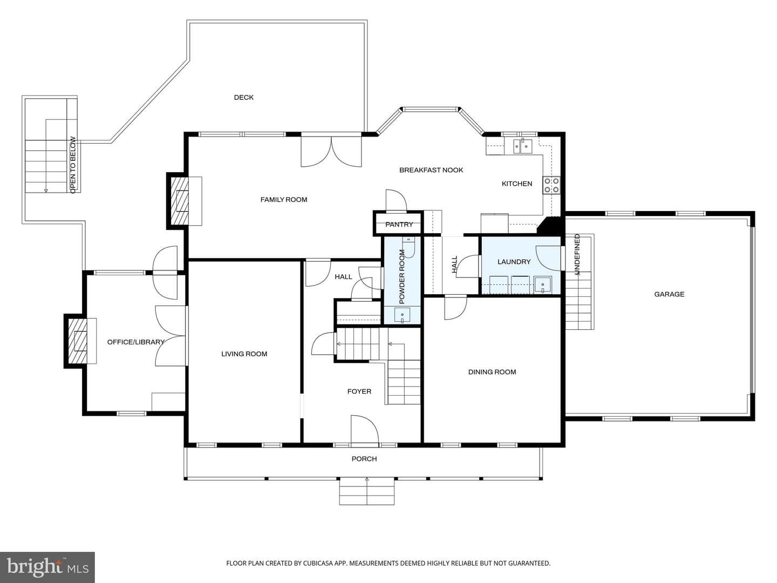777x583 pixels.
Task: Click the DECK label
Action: (243, 97)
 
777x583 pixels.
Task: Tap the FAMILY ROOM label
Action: (283, 200)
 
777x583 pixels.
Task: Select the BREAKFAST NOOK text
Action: (431, 170)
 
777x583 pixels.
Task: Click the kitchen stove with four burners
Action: (551, 185)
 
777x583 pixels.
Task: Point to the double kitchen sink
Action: (523, 146)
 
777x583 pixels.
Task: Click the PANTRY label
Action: (399, 225)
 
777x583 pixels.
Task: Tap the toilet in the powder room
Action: (409, 247)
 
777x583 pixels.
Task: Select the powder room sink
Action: (402, 315)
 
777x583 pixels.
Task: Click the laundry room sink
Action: (543, 284)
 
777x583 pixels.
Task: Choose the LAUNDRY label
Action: (514, 262)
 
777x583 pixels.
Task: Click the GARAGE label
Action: (669, 294)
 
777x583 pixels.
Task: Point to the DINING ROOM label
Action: (492, 372)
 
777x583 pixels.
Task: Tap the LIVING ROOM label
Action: (244, 354)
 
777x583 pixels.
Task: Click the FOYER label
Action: (359, 391)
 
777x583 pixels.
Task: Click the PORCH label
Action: (364, 459)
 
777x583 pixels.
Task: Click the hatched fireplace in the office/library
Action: (77, 341)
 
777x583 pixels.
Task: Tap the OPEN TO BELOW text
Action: (73, 165)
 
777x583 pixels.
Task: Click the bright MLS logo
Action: (47, 567)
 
